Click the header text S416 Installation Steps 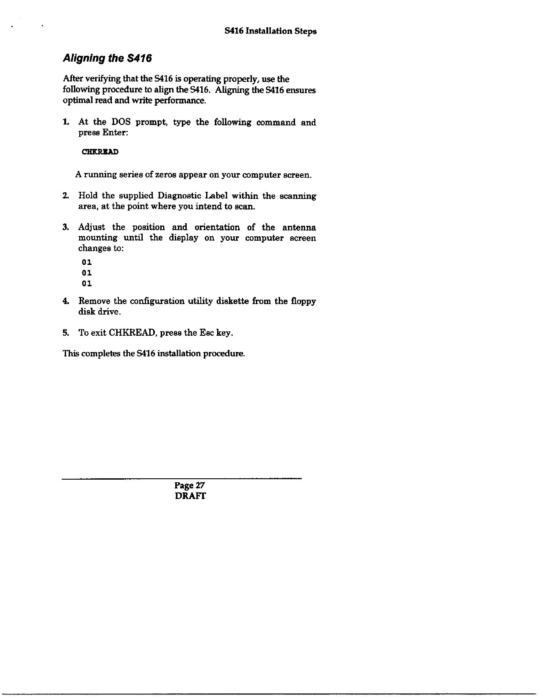point(270,31)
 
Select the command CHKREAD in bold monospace point(100,152)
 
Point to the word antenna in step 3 point(299,227)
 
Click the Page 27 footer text point(190,486)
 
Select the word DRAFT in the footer point(190,496)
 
